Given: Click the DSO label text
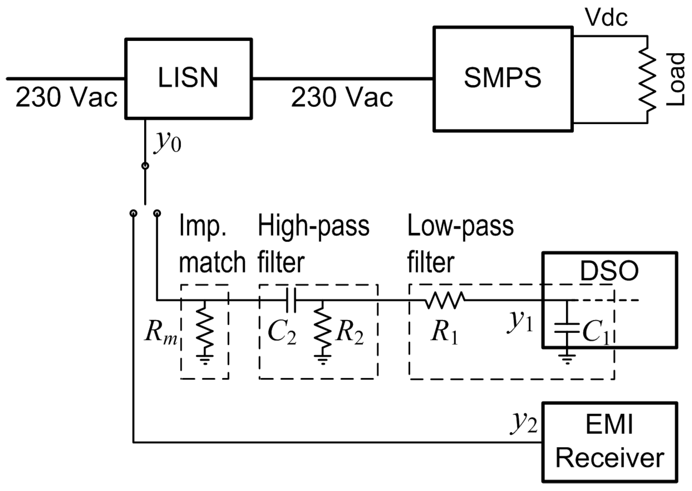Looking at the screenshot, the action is (609, 271).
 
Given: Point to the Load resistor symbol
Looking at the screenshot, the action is (648, 79).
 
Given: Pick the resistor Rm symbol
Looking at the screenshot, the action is (204, 328).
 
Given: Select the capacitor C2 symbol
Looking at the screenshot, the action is (291, 300).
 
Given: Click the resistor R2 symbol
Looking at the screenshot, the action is (322, 328).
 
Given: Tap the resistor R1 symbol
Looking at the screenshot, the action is (444, 300).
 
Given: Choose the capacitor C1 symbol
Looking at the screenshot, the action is (567, 328).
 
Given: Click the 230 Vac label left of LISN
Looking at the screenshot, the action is (67, 97).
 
